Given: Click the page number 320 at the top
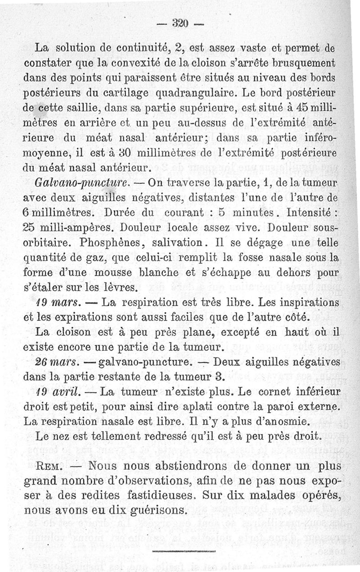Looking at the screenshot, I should point(180,23).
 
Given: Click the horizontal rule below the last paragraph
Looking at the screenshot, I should point(184,551).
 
